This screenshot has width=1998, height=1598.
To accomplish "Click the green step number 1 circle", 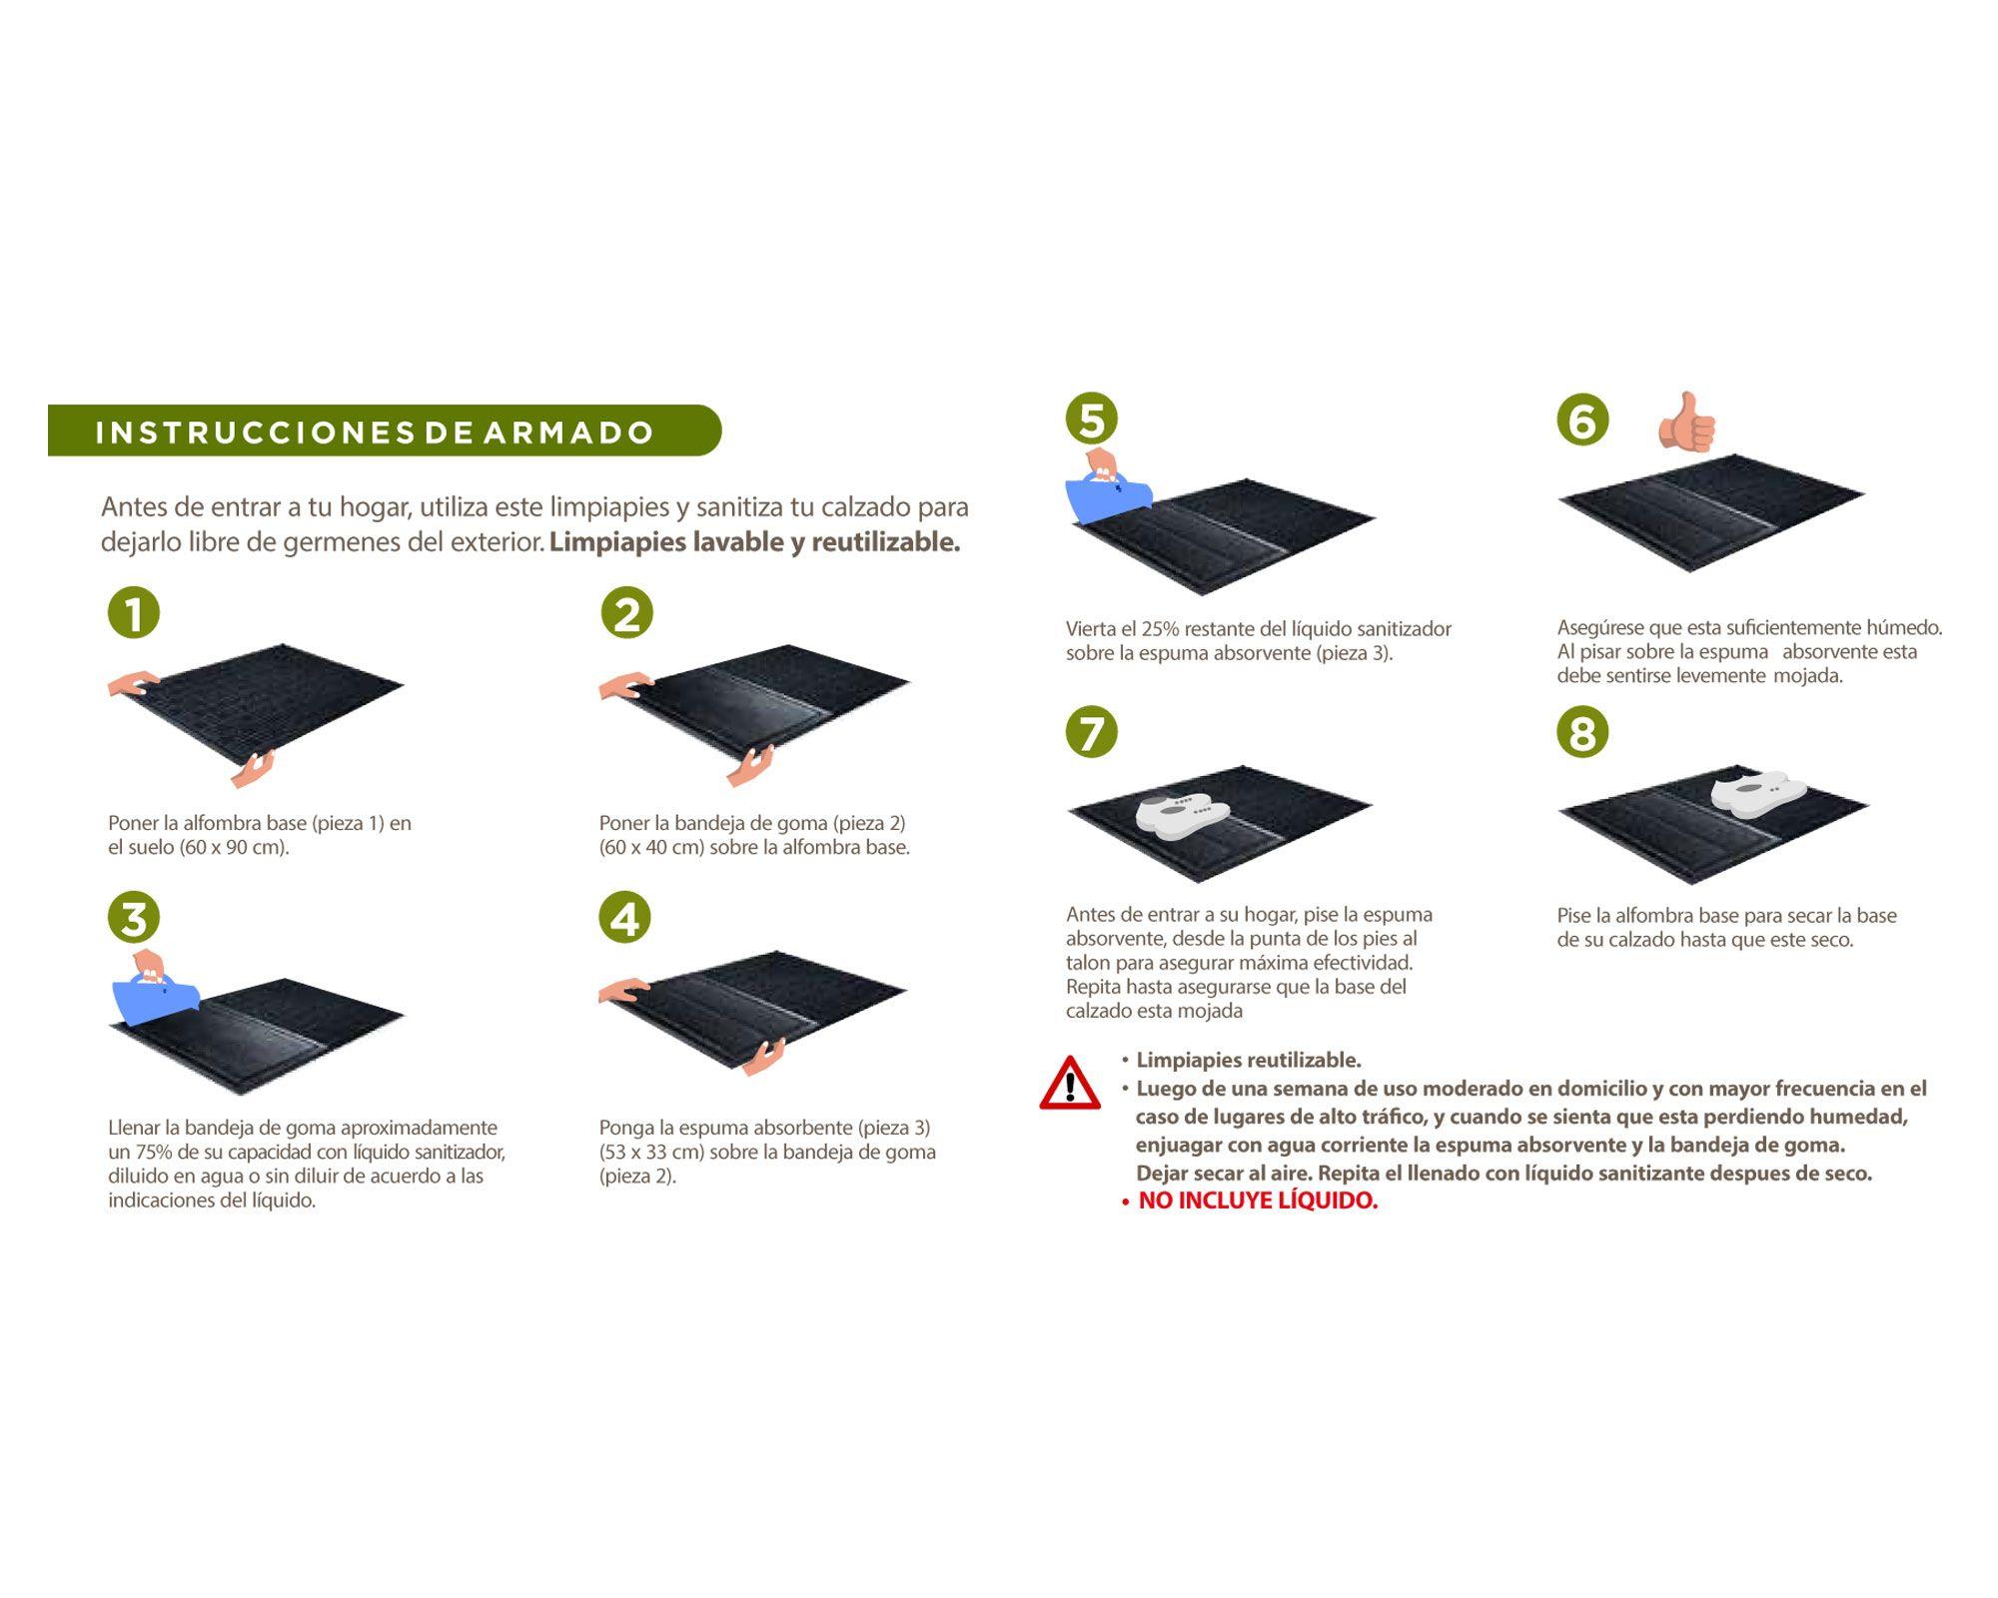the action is click(x=134, y=612).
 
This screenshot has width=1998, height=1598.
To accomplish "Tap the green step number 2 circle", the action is click(x=626, y=612).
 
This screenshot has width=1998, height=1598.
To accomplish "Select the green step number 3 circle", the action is click(x=134, y=917).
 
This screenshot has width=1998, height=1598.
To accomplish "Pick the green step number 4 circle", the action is click(x=625, y=917).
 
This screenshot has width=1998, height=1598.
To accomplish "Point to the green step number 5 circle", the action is click(x=1091, y=418).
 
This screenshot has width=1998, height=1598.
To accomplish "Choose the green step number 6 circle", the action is click(x=1582, y=418).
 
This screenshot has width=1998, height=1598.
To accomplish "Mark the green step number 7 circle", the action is click(x=1091, y=732).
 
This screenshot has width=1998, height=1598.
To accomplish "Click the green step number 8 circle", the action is click(x=1582, y=732).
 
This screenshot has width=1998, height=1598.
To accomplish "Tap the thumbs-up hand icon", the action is click(x=1687, y=422).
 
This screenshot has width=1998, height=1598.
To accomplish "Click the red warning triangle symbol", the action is click(x=1070, y=1084).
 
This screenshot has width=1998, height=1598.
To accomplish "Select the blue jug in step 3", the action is click(x=155, y=996).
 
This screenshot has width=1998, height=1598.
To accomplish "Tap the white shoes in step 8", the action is click(x=1758, y=793).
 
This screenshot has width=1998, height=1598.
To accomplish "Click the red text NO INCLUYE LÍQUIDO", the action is click(x=1258, y=1200).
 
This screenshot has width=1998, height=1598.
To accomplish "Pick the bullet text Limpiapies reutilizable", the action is click(x=1249, y=1060).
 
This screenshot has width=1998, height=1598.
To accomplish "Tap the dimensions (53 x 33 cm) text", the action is click(x=652, y=1152).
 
